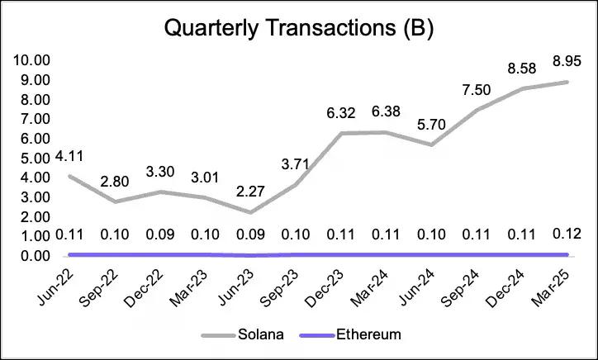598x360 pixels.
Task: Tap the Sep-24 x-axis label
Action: tap(464, 286)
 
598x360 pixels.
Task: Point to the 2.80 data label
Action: tap(116, 181)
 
